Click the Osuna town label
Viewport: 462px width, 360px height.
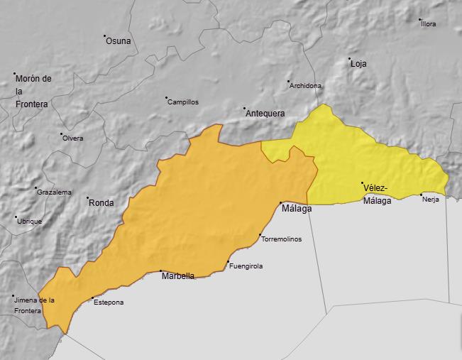[119, 41]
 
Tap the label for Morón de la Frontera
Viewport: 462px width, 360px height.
[32, 92]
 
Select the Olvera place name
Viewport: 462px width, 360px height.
[73, 138]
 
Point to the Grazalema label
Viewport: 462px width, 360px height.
[55, 192]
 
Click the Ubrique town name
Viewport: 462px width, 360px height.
[30, 222]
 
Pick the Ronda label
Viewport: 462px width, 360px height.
[101, 203]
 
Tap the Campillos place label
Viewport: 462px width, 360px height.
[183, 102]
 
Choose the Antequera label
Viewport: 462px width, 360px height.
[265, 114]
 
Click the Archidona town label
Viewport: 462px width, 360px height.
[306, 86]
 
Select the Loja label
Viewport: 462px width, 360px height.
[358, 64]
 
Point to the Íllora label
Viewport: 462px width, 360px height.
[429, 24]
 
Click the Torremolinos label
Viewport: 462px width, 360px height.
[282, 239]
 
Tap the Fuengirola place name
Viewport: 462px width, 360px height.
[246, 266]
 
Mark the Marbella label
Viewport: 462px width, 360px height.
[178, 276]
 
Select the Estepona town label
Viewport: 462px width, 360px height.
[109, 302]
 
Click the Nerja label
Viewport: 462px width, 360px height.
[431, 200]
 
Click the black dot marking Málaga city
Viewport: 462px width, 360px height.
[281, 203]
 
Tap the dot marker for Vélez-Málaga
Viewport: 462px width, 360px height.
[363, 183]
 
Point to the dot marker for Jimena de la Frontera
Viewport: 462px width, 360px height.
[13, 296]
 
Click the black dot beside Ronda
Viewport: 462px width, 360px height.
[88, 198]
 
